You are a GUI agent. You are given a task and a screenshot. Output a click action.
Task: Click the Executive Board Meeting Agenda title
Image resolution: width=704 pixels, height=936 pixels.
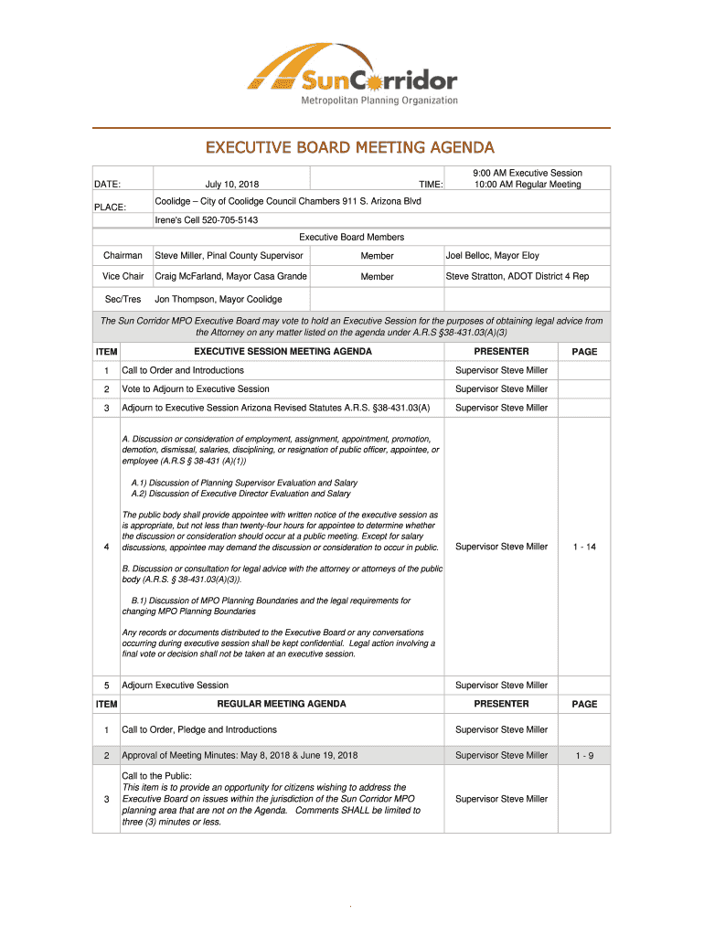(x=349, y=147)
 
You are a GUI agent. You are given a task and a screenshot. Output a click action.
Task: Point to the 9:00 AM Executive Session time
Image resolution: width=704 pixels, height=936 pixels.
(x=527, y=173)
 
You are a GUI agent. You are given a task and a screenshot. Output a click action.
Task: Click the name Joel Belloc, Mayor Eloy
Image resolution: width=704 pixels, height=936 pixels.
(x=492, y=256)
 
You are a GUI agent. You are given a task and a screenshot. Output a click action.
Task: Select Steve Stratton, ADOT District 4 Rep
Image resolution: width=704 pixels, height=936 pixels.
(x=517, y=276)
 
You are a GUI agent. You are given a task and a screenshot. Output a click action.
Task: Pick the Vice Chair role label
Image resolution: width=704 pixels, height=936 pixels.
(x=123, y=276)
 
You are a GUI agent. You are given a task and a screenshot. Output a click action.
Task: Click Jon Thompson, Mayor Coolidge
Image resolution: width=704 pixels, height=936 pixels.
(x=219, y=299)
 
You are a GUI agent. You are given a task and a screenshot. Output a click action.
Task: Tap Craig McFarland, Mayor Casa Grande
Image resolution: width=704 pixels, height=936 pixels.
(x=230, y=276)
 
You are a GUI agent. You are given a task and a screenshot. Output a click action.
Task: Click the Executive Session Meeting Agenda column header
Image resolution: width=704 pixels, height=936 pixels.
(x=283, y=351)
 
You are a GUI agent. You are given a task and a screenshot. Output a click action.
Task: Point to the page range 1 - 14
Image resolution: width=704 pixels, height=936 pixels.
(x=584, y=547)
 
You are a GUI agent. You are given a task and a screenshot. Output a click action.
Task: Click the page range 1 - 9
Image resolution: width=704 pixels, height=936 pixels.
(x=584, y=755)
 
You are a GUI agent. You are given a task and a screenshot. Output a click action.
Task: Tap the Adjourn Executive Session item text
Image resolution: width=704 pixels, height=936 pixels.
(x=175, y=685)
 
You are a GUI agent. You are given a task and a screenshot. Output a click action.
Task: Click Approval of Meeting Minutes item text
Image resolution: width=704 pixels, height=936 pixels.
(x=240, y=755)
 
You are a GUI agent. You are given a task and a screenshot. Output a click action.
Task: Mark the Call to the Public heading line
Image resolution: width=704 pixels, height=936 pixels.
(x=156, y=775)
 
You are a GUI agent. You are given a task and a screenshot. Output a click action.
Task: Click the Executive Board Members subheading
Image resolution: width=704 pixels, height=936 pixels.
(x=352, y=237)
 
